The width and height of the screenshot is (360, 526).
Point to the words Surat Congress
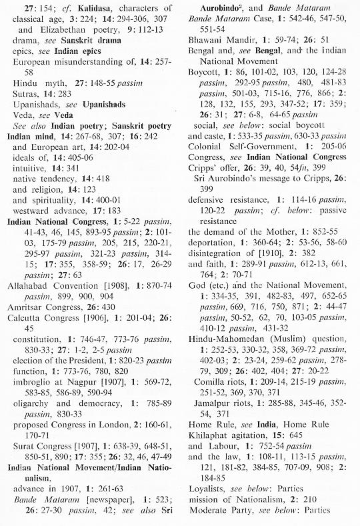42,443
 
